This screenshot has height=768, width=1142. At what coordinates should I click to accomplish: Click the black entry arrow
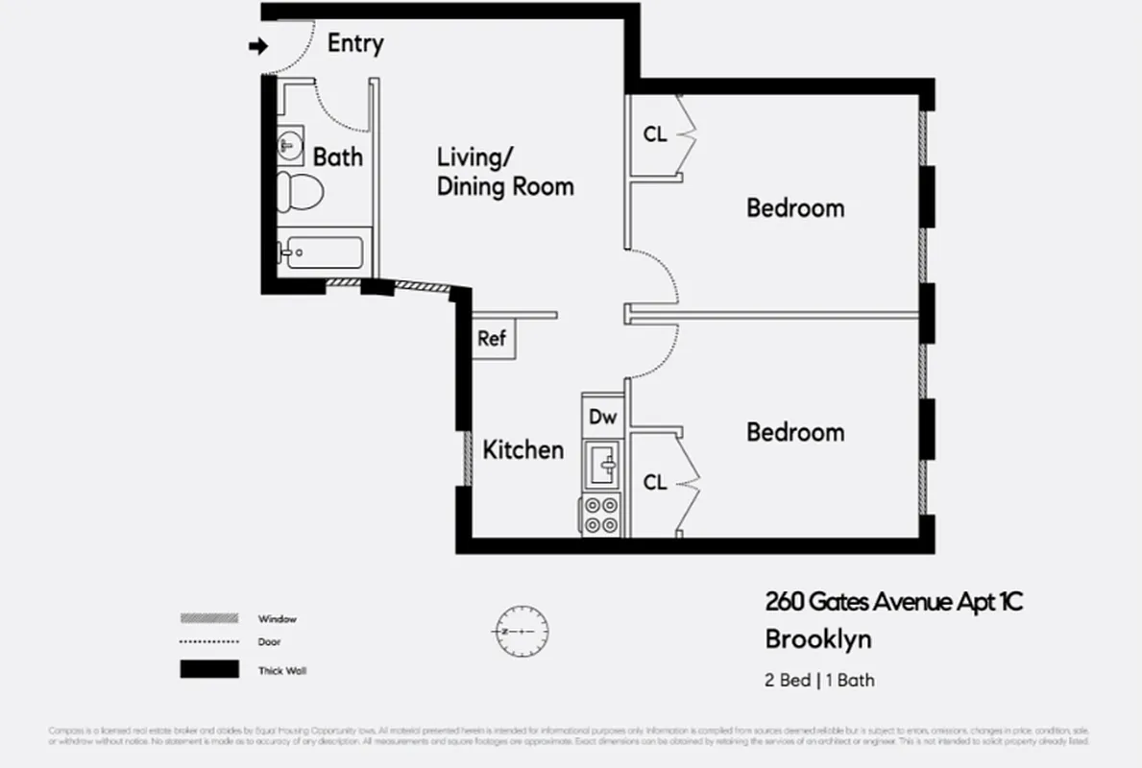click(x=257, y=46)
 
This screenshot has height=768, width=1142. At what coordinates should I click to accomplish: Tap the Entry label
click(x=355, y=43)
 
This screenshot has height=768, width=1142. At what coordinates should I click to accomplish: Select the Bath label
click(x=338, y=156)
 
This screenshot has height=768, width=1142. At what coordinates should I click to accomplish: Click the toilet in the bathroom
click(x=301, y=190)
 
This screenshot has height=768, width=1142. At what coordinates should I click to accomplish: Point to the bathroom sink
click(x=291, y=146)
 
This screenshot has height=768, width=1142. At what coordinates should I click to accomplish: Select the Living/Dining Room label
click(x=505, y=172)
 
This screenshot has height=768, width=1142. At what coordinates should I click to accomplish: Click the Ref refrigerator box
click(x=492, y=339)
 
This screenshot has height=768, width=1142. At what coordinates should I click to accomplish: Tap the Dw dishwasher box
click(x=602, y=418)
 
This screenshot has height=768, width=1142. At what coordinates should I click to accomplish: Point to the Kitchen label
click(x=522, y=449)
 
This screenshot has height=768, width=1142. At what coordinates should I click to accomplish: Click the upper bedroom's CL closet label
click(x=655, y=135)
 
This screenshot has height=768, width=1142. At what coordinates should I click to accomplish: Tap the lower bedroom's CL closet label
click(x=655, y=483)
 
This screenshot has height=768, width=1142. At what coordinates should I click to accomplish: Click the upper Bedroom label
click(x=795, y=207)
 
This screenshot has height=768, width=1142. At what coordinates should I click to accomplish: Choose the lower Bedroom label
click(x=795, y=432)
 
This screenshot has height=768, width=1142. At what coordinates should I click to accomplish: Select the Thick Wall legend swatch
click(x=209, y=670)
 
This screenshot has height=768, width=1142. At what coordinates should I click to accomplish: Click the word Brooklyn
click(x=818, y=638)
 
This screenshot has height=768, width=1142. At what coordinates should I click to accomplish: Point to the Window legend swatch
click(x=209, y=618)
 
